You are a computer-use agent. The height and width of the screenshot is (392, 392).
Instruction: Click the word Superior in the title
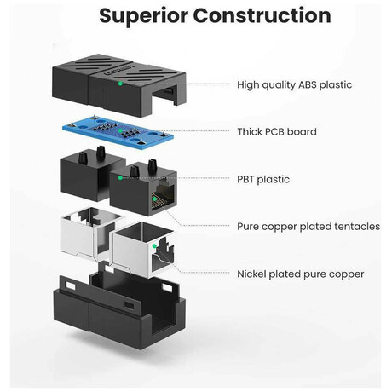pyautogui.click(x=144, y=16)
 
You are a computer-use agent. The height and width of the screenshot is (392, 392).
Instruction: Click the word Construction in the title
pyautogui.click(x=262, y=15)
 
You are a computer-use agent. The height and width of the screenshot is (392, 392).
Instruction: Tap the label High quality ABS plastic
pyautogui.click(x=295, y=84)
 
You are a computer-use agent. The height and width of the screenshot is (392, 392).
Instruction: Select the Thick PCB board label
pyautogui.click(x=277, y=132)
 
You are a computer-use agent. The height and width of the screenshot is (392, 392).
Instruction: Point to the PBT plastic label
pyautogui.click(x=263, y=179)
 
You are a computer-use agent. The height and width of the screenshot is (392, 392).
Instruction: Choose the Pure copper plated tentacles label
pyautogui.click(x=308, y=227)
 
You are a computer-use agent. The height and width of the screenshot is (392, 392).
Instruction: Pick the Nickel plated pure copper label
pyautogui.click(x=301, y=274)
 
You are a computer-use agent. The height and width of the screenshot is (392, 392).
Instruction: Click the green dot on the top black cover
pyautogui.click(x=120, y=84)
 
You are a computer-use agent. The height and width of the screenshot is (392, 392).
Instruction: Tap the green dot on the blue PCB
pyautogui.click(x=120, y=130)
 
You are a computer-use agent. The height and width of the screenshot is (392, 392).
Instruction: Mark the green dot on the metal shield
pyautogui.click(x=154, y=246)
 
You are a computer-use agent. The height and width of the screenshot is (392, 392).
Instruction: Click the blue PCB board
pyautogui.click(x=118, y=131)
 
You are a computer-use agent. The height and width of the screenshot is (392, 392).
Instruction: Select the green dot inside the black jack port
pyautogui.click(x=154, y=199)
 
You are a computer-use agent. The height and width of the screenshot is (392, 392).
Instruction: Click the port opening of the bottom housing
pyautogui.click(x=165, y=326)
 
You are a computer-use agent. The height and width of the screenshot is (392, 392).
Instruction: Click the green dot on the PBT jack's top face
pyautogui.click(x=120, y=178)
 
